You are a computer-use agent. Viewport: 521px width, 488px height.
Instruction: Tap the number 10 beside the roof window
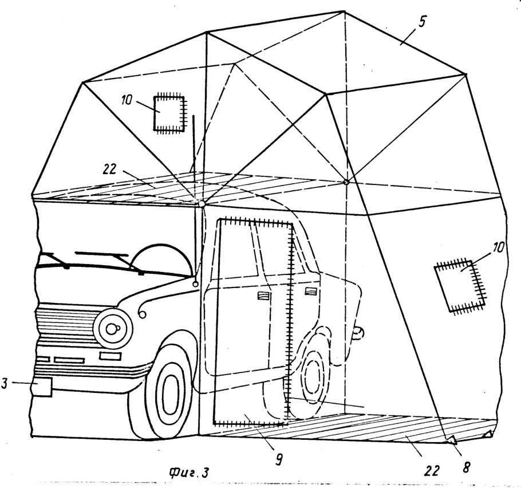tap(127, 100)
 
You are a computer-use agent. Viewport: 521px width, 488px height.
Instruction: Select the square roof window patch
tap(169, 113)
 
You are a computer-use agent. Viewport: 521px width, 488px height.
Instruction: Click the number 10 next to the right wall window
tap(498, 247)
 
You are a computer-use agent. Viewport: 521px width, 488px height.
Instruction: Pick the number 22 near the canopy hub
tap(109, 169)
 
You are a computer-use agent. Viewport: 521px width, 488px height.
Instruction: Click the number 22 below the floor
tap(431, 470)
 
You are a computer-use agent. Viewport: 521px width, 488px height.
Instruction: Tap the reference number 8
tap(466, 467)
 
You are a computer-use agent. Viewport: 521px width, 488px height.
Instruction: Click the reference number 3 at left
tap(4, 383)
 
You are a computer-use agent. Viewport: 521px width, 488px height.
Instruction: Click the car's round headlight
tap(113, 328)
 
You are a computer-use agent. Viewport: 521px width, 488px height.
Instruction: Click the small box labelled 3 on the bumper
tap(42, 387)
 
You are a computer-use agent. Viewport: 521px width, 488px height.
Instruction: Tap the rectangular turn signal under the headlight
tap(110, 356)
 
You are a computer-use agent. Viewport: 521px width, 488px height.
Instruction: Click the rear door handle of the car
tap(311, 291)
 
